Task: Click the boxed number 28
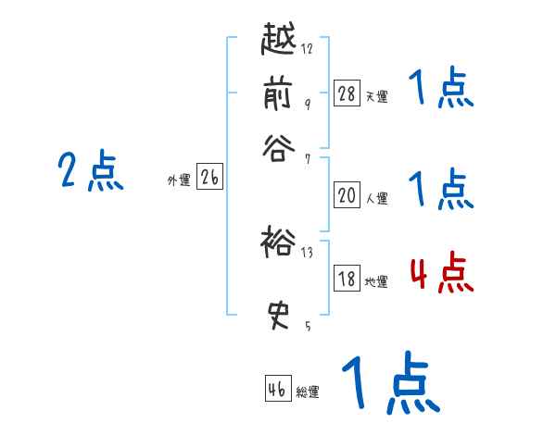(x=347, y=93)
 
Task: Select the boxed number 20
(x=347, y=195)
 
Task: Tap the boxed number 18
(x=347, y=280)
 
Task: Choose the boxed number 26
(x=209, y=179)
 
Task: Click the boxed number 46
(x=277, y=389)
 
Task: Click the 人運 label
(x=376, y=198)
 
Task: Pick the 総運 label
(x=308, y=392)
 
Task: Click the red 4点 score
(x=441, y=275)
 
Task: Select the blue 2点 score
(x=91, y=171)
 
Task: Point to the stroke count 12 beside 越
(x=307, y=49)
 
